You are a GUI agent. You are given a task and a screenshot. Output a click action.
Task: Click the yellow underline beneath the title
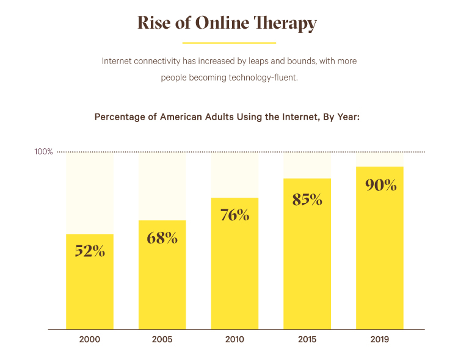click(229, 43)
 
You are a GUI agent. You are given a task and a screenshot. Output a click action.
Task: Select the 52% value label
click(90, 250)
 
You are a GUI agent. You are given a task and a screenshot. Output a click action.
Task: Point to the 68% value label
click(162, 237)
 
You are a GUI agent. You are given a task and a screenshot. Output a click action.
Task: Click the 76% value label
click(234, 215)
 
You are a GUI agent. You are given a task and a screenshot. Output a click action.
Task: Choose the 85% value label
click(307, 199)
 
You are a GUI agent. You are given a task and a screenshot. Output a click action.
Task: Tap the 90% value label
click(380, 185)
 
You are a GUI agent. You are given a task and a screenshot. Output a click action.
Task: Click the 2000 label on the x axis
click(90, 339)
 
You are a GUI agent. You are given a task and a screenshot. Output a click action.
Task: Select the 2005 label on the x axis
click(162, 339)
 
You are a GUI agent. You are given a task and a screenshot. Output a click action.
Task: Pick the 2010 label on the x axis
click(234, 339)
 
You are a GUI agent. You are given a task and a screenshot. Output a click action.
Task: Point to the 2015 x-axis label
click(307, 339)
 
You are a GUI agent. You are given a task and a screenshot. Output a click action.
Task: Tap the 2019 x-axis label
click(379, 339)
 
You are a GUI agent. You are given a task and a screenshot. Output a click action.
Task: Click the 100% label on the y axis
click(43, 151)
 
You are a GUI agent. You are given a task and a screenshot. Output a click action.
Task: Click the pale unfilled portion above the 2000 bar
click(90, 193)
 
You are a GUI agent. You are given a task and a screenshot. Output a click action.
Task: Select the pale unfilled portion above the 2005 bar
click(162, 186)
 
